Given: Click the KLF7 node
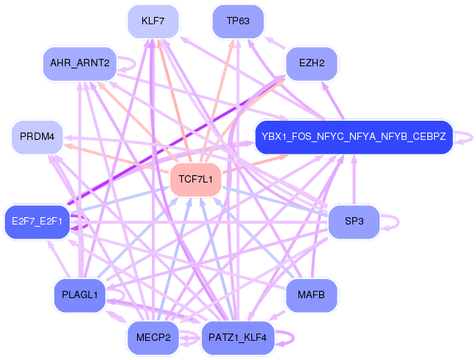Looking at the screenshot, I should pos(153,21).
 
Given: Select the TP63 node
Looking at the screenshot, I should pos(237,21).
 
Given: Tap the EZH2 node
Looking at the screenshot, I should pos(311,63).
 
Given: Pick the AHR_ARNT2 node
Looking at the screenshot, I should pos(80,63).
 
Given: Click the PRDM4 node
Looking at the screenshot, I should pos(37,137).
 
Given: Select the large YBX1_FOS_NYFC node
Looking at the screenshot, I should pos(353,137).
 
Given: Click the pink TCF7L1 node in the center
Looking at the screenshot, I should pos(195,180).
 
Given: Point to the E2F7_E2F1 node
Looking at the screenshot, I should pos(37,221).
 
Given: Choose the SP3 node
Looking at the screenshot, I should pos(353,221).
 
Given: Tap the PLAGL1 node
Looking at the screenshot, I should pos(80,295).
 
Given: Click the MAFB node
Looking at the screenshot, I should pos(311,295).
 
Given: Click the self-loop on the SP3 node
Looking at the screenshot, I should pos(394,221).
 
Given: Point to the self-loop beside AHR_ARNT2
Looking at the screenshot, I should pos(128,63).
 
